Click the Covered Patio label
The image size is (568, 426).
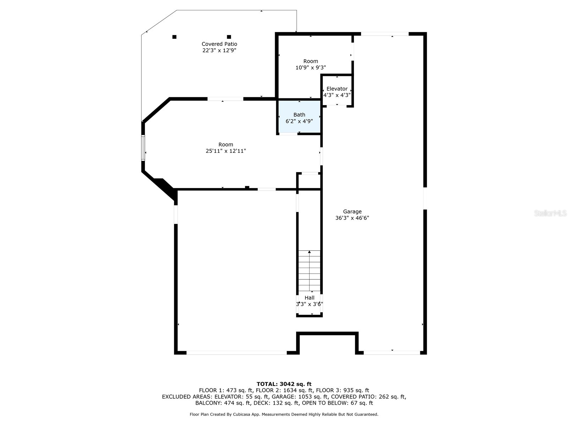(219, 44)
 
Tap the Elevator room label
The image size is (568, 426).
(337, 89)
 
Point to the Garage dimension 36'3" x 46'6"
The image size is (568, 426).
(352, 218)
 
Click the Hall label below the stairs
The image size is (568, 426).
(310, 298)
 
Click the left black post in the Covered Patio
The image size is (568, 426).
(174, 37)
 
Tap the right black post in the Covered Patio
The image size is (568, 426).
(229, 37)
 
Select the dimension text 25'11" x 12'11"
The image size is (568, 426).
(226, 151)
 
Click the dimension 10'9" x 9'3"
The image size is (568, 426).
(311, 67)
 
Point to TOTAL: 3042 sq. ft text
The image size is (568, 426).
(284, 384)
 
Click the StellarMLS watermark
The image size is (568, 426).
(550, 213)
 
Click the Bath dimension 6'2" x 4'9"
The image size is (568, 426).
(299, 121)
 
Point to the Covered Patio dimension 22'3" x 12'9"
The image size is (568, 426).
(219, 50)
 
